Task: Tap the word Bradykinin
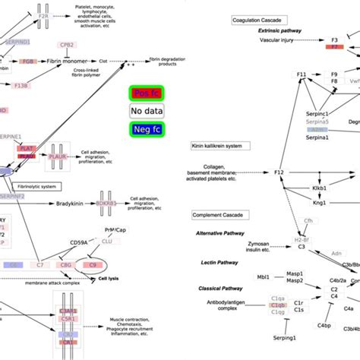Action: pos(74,204)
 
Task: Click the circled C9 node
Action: pos(94,265)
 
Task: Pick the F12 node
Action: pos(278,173)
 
